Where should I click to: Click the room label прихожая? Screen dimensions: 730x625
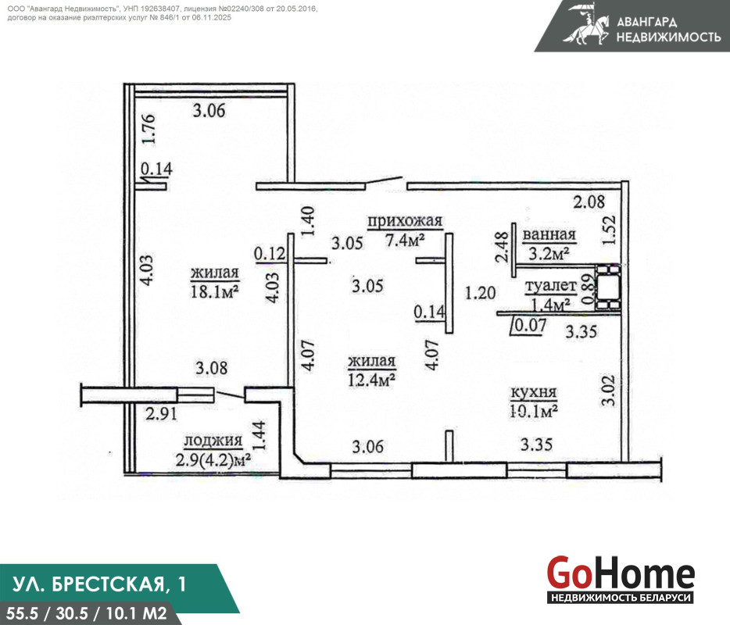point(405,222)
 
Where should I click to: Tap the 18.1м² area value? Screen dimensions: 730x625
point(215,292)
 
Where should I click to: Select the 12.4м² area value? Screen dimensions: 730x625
point(371,380)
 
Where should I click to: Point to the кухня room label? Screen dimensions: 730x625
point(534,392)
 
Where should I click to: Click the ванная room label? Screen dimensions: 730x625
point(549,234)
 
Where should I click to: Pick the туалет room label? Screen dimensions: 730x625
point(551,286)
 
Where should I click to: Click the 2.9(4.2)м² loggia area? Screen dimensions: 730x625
point(213,461)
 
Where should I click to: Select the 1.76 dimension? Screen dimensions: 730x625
point(149,130)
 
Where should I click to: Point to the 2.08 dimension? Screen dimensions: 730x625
point(589,202)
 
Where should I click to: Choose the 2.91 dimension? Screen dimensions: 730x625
point(161,414)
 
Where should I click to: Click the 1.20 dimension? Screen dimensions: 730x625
point(481,293)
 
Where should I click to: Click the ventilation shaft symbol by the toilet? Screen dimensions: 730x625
point(608,287)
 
